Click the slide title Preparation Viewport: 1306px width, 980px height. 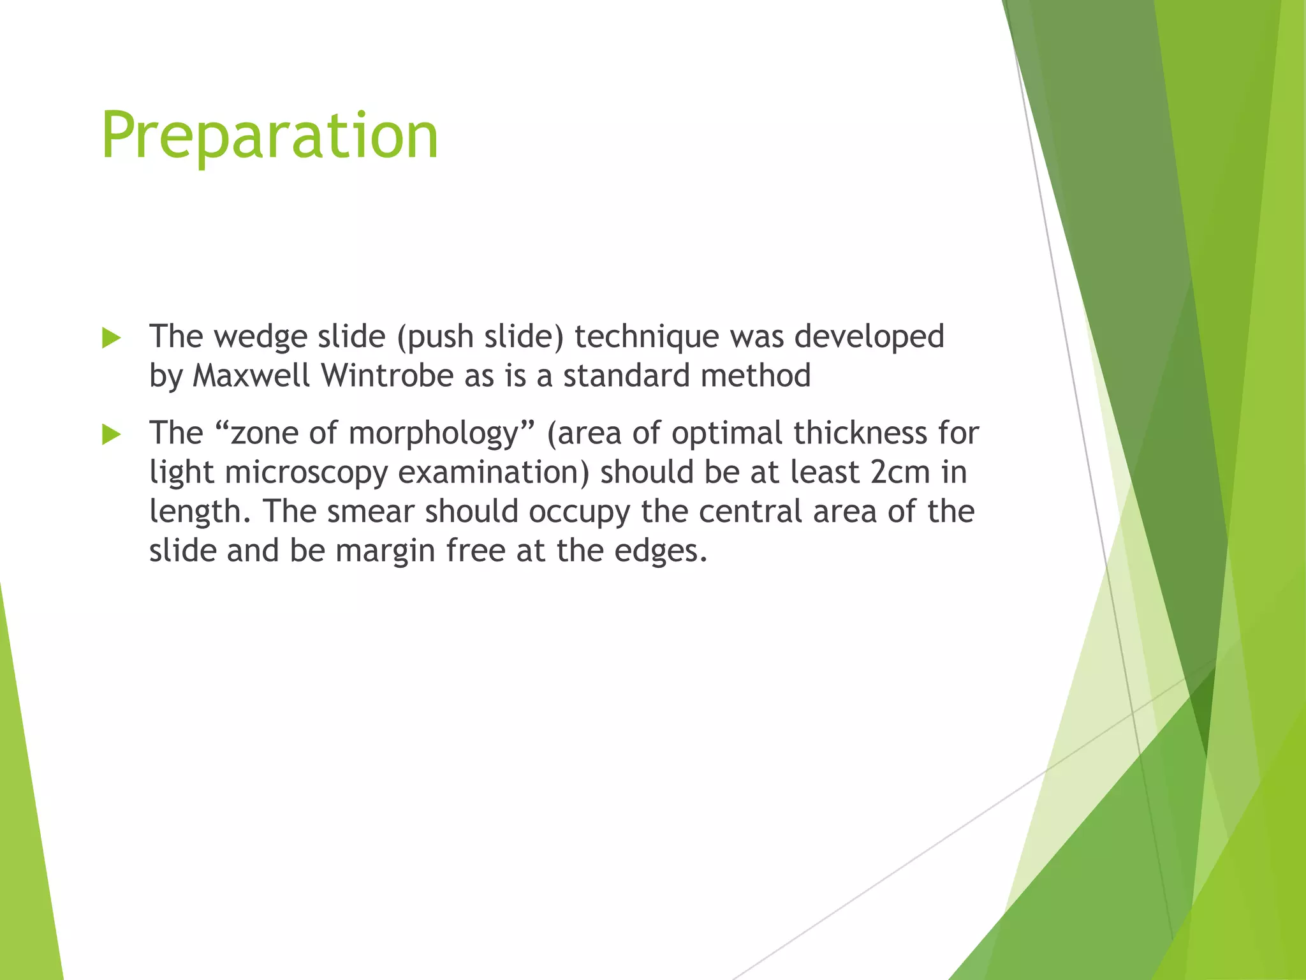[x=270, y=135]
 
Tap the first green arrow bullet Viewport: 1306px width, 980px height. [x=111, y=339]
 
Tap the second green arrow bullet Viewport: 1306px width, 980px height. [x=111, y=435]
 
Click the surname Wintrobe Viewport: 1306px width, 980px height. [x=387, y=375]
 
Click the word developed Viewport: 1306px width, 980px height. [x=869, y=337]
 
